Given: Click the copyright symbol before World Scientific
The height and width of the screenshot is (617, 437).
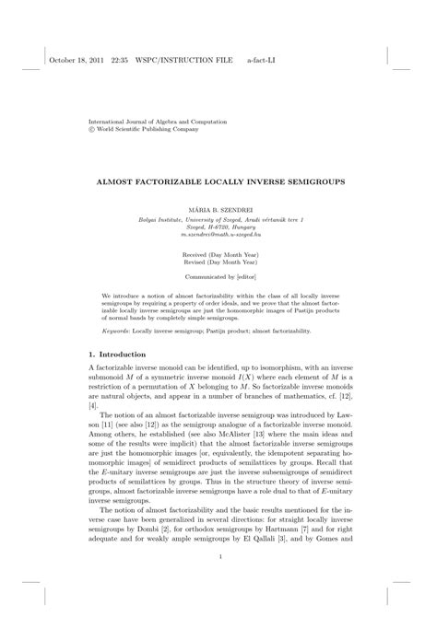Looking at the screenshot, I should pos(90,130).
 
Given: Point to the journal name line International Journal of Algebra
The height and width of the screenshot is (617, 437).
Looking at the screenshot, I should pos(148,122).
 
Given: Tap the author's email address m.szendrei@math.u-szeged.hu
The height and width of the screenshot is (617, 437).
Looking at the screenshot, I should pos(218,235).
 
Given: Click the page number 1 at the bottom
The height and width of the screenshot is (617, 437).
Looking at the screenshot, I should pos(218,556).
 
